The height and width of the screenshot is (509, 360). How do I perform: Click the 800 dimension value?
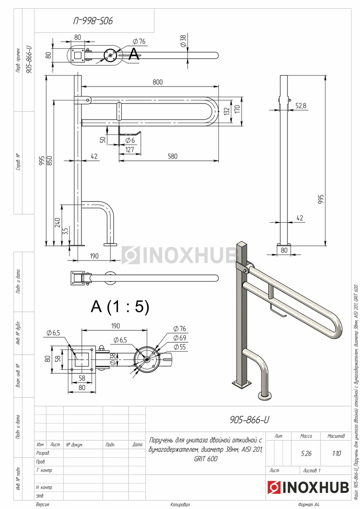(x=157, y=82)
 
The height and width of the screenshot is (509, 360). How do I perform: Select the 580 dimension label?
(x=172, y=157)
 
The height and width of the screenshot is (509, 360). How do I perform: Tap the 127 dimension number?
(x=129, y=149)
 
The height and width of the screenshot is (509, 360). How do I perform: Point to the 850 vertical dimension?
(x=50, y=161)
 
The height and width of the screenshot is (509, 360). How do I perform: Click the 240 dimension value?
(x=57, y=222)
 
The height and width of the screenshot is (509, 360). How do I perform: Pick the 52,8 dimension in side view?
(x=301, y=106)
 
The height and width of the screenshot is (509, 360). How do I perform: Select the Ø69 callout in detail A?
(x=180, y=338)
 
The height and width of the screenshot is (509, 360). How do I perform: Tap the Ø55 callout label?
(x=180, y=347)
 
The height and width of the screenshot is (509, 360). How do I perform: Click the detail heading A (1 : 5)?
(x=120, y=306)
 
